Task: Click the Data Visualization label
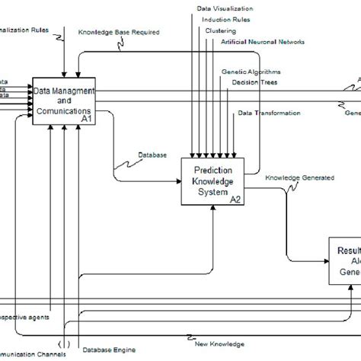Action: coord(225,9)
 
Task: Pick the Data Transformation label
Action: coord(269,113)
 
